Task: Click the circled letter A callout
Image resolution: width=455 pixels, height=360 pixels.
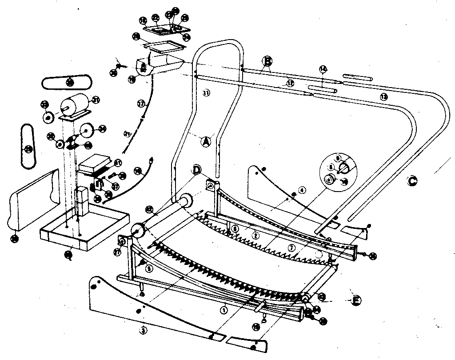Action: [205, 141]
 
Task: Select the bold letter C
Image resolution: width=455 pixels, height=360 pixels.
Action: [412, 181]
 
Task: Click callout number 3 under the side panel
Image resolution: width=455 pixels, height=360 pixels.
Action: [143, 330]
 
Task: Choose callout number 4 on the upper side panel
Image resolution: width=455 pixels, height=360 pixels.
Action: [302, 190]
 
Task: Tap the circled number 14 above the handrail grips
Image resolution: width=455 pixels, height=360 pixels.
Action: [323, 68]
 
